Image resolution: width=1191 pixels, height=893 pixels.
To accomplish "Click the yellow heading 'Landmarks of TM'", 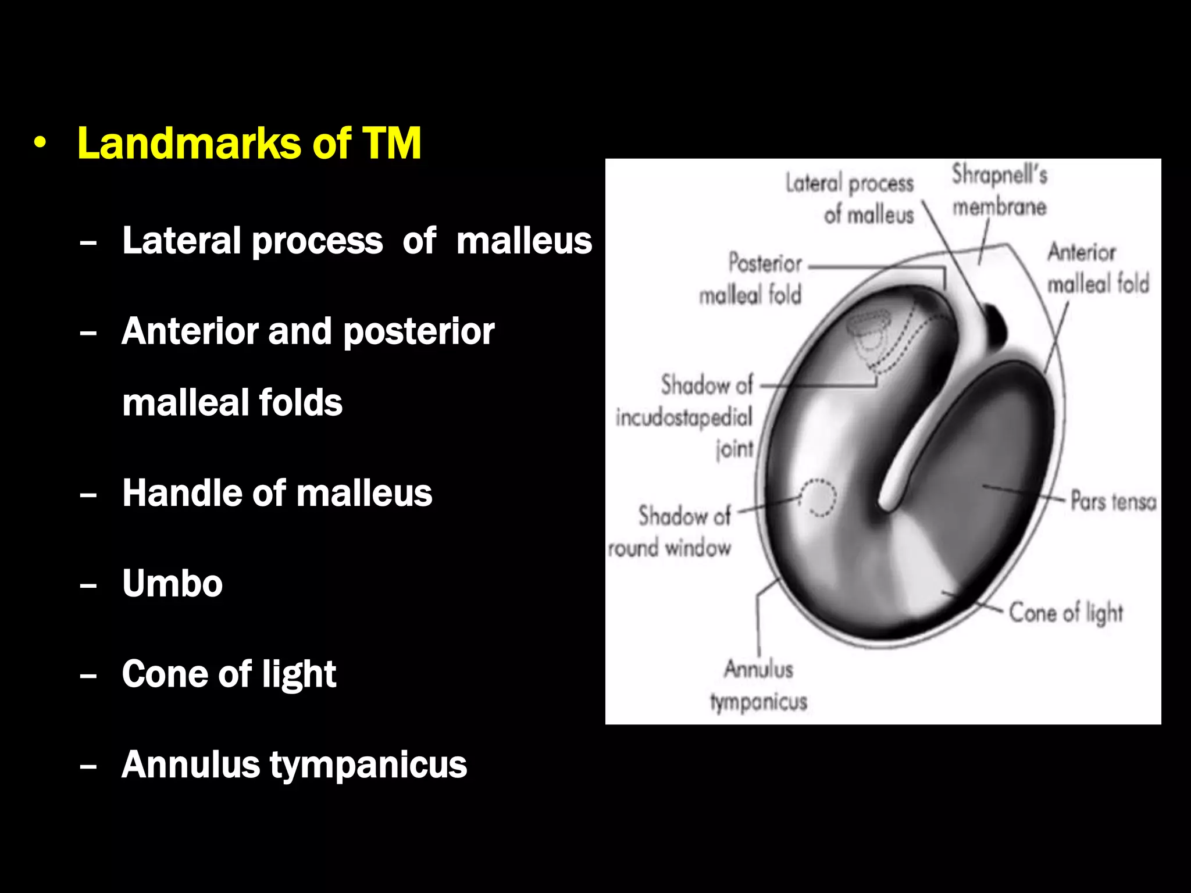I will (249, 143).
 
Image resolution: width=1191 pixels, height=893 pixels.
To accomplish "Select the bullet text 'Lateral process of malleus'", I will (356, 241).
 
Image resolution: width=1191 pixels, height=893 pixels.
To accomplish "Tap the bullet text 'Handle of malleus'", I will (277, 493).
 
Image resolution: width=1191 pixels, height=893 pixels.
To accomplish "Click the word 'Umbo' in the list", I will (172, 583).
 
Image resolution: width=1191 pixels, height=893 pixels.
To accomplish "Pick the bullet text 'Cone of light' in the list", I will (229, 674).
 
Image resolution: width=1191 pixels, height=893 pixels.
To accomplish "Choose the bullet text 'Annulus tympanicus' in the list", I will (294, 765).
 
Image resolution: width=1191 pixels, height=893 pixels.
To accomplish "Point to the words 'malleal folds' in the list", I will (232, 402).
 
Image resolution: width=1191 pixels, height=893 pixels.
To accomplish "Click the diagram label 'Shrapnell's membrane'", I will (999, 190).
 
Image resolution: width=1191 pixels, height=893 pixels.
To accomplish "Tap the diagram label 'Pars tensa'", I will (1113, 501).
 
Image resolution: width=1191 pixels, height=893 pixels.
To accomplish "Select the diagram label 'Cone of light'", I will (1065, 613).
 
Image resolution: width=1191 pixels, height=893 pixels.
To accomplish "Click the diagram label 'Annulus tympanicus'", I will (758, 685).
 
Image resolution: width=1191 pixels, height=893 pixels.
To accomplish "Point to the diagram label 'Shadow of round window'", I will (671, 531).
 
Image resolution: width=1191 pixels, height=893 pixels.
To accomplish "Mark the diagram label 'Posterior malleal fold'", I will (751, 279).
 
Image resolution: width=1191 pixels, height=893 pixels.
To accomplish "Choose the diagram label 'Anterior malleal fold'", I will (1098, 268).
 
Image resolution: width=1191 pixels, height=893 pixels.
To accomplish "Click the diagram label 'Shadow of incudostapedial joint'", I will (684, 417).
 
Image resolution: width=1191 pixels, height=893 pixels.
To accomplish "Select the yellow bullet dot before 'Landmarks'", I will (40, 143).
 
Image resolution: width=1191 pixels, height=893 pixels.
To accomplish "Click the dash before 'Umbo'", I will (88, 584).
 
